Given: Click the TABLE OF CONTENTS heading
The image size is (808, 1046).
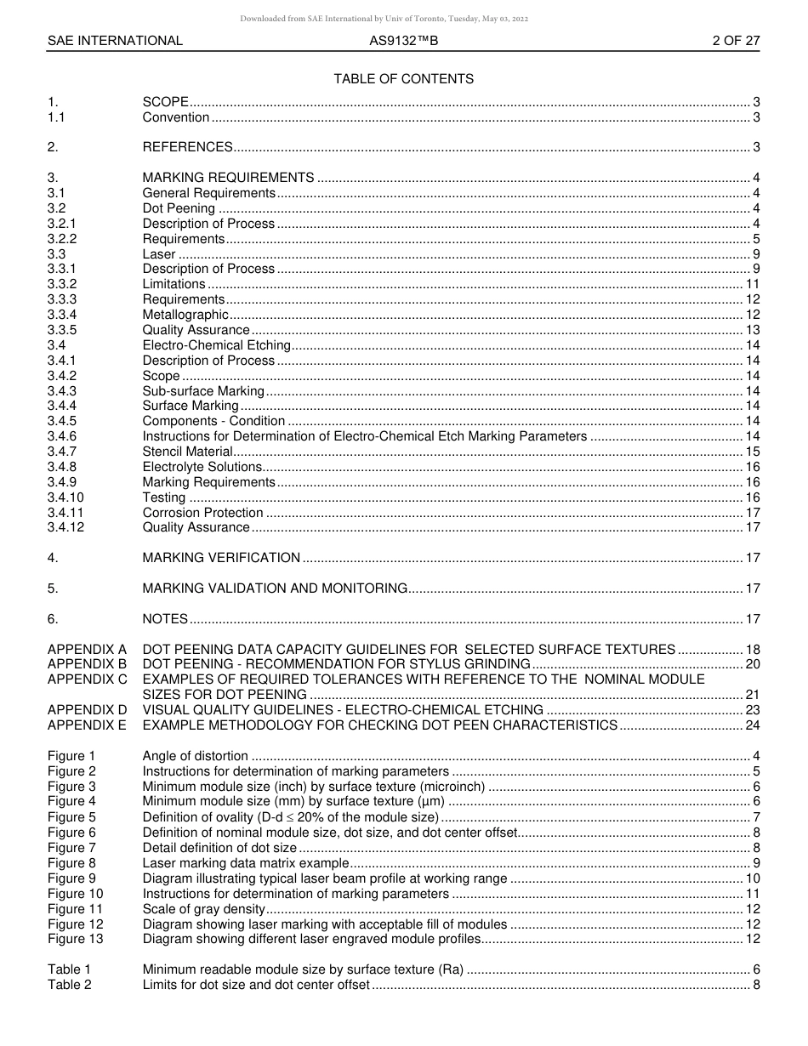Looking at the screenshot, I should coord(403,79).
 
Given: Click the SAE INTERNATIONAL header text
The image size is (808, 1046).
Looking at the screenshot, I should coord(115,41).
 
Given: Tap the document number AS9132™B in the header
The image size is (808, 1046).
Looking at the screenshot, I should coord(404,41).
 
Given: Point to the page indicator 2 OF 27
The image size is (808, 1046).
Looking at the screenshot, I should coord(736,41).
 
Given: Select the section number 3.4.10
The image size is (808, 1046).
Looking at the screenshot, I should coord(65,497).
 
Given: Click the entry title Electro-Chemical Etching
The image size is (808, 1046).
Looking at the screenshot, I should coord(216,345).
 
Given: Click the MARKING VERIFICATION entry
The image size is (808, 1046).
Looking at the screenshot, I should coord(221,558).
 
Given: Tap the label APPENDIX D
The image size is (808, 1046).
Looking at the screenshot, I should coord(87,710).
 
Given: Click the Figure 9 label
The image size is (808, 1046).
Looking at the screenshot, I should coord(71,878).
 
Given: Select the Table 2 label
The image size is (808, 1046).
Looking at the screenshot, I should coord(69,985).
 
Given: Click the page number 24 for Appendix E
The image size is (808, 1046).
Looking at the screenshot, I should coord(752,725).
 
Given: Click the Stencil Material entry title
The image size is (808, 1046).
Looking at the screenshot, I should coord(187,452).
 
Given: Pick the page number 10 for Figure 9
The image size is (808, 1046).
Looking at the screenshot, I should coord(752,878).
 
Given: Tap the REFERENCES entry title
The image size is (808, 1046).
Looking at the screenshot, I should coord(187,147).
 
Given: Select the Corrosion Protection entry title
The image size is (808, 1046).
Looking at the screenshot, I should coord(202,513).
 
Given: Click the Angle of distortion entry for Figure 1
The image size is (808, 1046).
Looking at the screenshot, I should coord(195,756).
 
